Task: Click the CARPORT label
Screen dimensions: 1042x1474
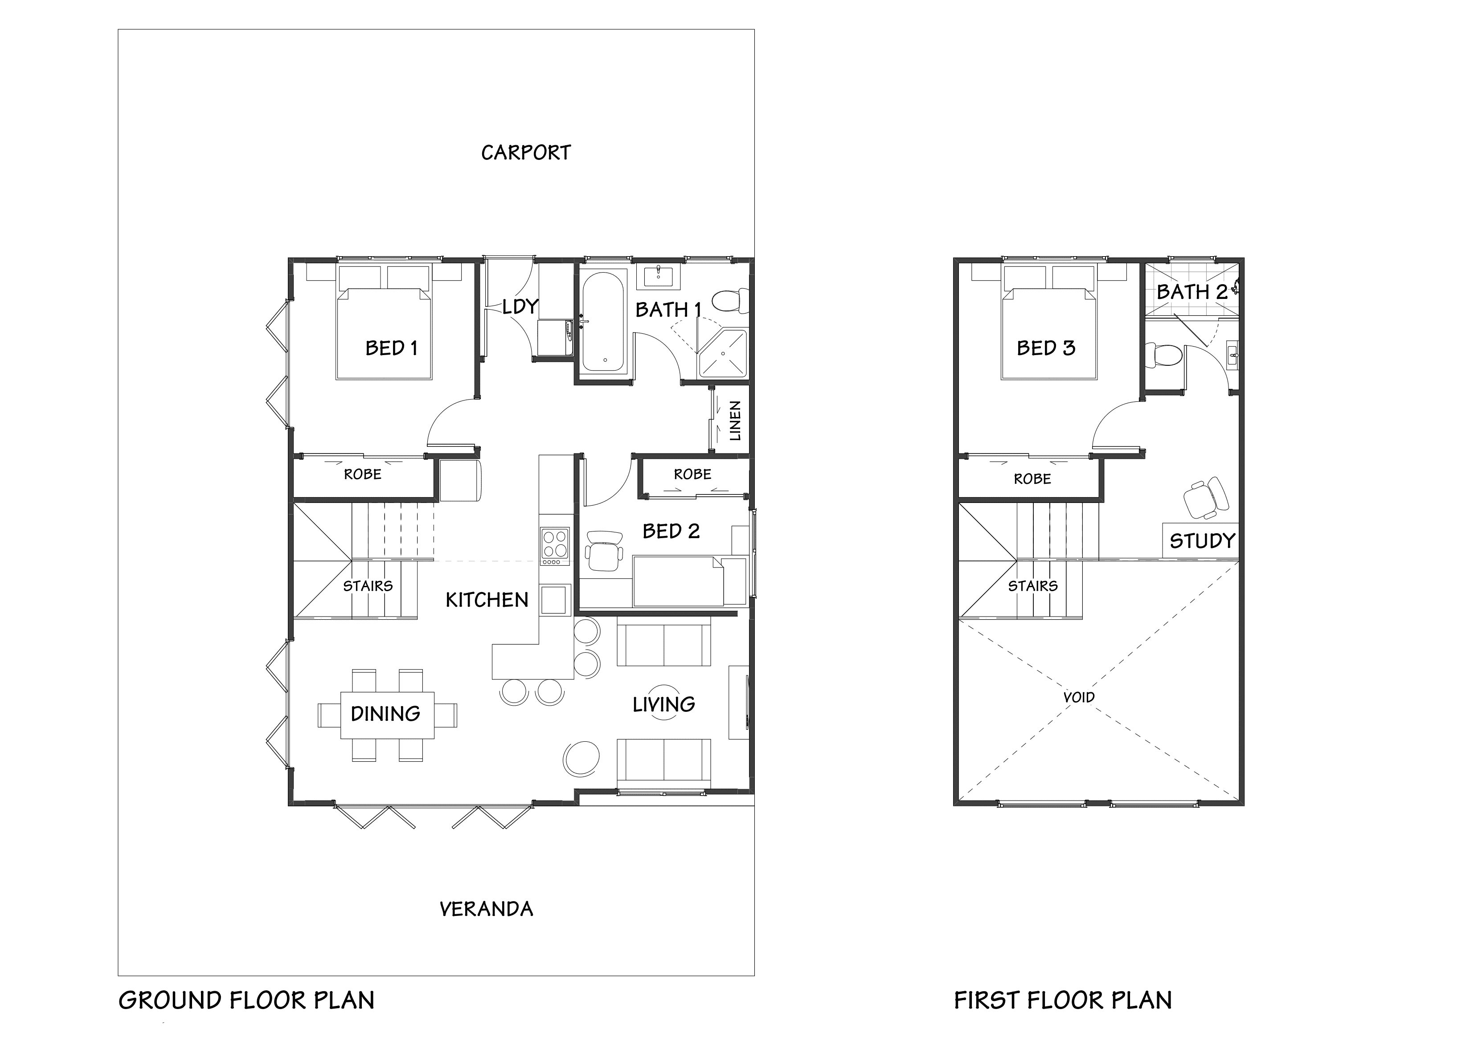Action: pos(526,153)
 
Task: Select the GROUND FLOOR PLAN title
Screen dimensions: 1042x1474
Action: pos(246,1000)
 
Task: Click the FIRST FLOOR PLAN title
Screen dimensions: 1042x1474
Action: pos(1062,1000)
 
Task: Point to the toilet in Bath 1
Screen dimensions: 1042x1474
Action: pos(732,300)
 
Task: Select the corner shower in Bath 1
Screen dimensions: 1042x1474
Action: pos(724,354)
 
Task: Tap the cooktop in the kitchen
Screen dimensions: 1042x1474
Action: pos(555,543)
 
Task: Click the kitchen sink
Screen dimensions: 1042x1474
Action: pos(555,600)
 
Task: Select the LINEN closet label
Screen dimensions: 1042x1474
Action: pos(735,421)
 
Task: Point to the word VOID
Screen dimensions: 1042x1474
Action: pos(1078,697)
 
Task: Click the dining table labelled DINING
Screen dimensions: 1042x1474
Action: pos(386,714)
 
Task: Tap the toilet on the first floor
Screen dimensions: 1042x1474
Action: pos(1163,355)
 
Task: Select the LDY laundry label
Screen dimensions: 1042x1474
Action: pos(520,307)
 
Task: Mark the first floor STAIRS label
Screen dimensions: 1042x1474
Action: pos(1032,585)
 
